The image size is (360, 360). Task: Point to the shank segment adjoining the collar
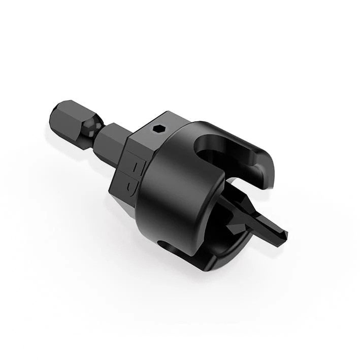(113, 143)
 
